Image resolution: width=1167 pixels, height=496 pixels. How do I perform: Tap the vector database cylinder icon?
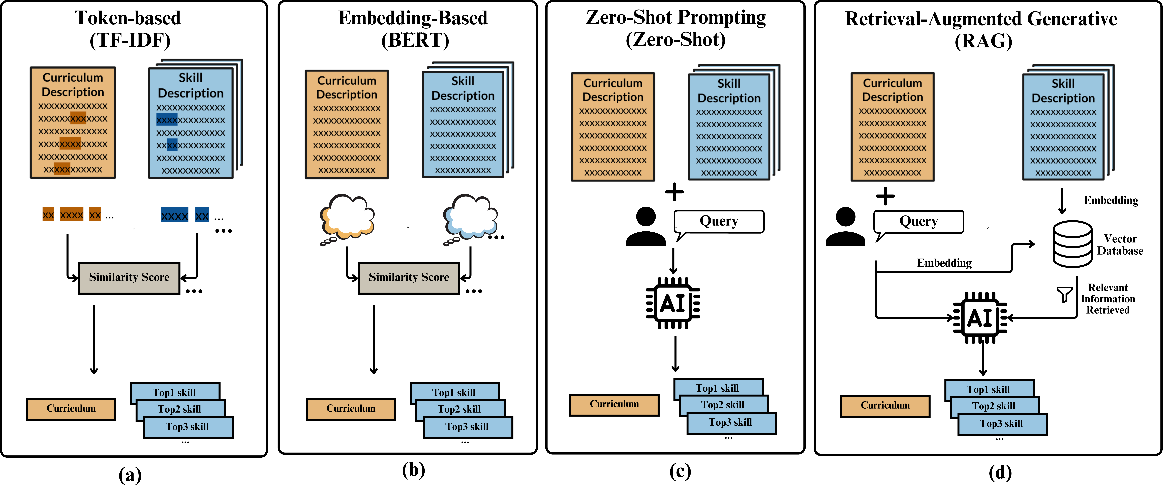pyautogui.click(x=1072, y=244)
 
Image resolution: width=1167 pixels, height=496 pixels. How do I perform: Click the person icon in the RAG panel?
pyautogui.click(x=845, y=227)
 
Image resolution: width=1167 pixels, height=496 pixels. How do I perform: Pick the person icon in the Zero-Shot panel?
pyautogui.click(x=646, y=227)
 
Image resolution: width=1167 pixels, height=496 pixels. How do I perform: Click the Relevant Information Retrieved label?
pyautogui.click(x=1108, y=299)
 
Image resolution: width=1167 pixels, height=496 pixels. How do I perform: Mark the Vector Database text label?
pyautogui.click(x=1120, y=245)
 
